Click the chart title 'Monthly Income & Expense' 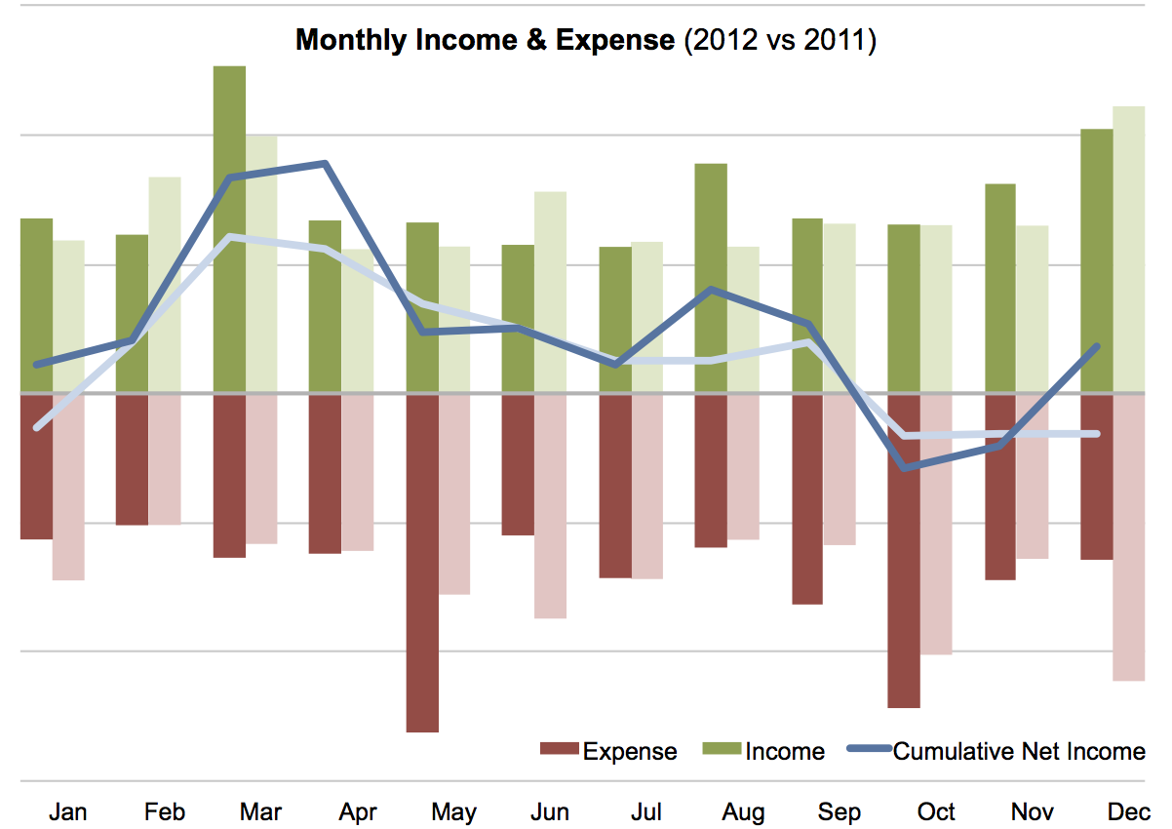485,40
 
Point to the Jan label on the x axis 68,811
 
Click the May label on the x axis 453,811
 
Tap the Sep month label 839,811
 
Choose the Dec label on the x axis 1129,811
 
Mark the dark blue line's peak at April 326,164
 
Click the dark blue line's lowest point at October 906,468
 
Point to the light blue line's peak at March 229,237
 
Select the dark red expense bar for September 807,497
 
